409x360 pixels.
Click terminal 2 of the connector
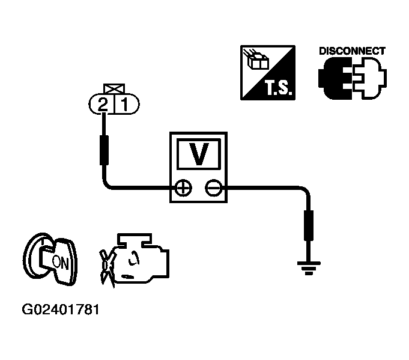tap(103, 105)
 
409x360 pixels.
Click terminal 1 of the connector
tap(125, 105)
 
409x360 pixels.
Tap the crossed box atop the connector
tap(114, 88)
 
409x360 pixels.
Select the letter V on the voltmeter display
tap(199, 154)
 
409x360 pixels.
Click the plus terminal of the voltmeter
tap(183, 188)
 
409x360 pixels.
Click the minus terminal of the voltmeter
tap(214, 188)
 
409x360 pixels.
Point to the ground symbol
tap(309, 268)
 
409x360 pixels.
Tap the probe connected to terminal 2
tap(104, 150)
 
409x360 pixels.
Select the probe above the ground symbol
tap(309, 225)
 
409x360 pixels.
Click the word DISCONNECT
tap(352, 51)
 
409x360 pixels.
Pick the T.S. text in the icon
tap(278, 87)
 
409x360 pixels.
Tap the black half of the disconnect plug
tap(335, 78)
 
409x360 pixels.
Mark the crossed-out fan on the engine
tap(106, 267)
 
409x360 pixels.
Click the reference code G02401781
tap(61, 310)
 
